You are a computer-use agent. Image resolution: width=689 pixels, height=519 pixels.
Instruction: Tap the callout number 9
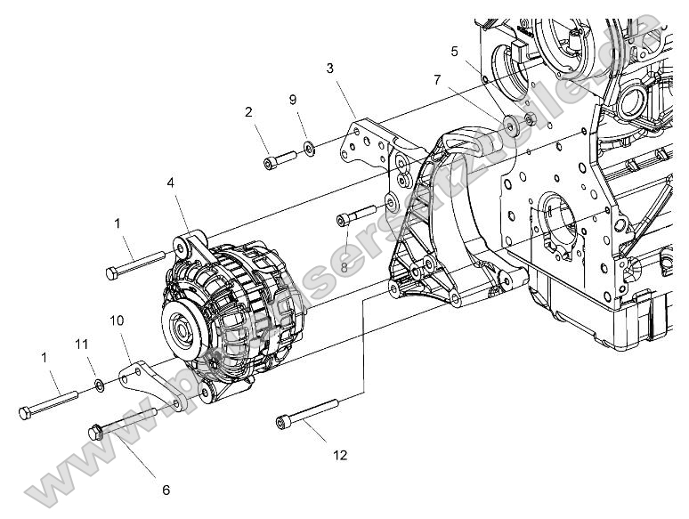click(293, 100)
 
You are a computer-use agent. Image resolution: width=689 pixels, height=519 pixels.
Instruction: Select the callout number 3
click(330, 69)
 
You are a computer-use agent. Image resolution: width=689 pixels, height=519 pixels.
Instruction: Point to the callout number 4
click(171, 185)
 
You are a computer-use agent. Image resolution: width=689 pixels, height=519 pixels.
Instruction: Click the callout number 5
click(455, 52)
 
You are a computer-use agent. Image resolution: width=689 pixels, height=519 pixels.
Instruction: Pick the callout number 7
click(437, 80)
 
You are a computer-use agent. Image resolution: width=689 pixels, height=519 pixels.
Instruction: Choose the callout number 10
click(117, 320)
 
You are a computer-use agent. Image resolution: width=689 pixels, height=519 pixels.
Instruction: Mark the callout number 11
click(81, 344)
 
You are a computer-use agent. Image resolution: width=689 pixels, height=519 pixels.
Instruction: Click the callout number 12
click(340, 455)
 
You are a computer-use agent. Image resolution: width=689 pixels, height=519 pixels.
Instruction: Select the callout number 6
click(165, 490)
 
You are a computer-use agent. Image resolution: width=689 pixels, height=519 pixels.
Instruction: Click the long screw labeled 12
click(308, 413)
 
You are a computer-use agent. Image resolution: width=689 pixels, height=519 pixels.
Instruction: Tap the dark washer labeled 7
click(510, 125)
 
